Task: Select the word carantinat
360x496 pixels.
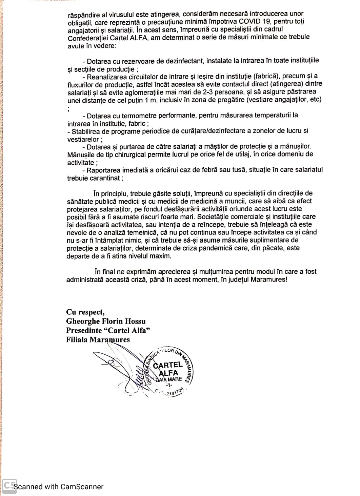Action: [103, 178]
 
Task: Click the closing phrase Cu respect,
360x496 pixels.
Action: [85, 312]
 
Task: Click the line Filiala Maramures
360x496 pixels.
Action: [98, 339]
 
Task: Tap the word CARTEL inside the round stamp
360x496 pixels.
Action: [167, 365]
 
